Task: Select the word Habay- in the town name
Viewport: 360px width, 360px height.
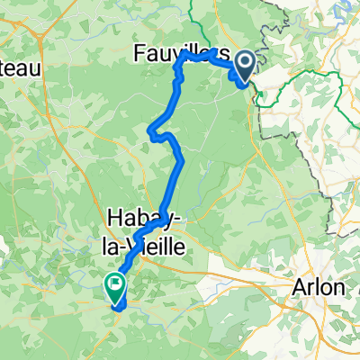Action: (145, 219)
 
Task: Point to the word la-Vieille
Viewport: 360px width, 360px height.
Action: (147, 242)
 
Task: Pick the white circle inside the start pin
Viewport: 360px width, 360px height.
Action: (243, 61)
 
